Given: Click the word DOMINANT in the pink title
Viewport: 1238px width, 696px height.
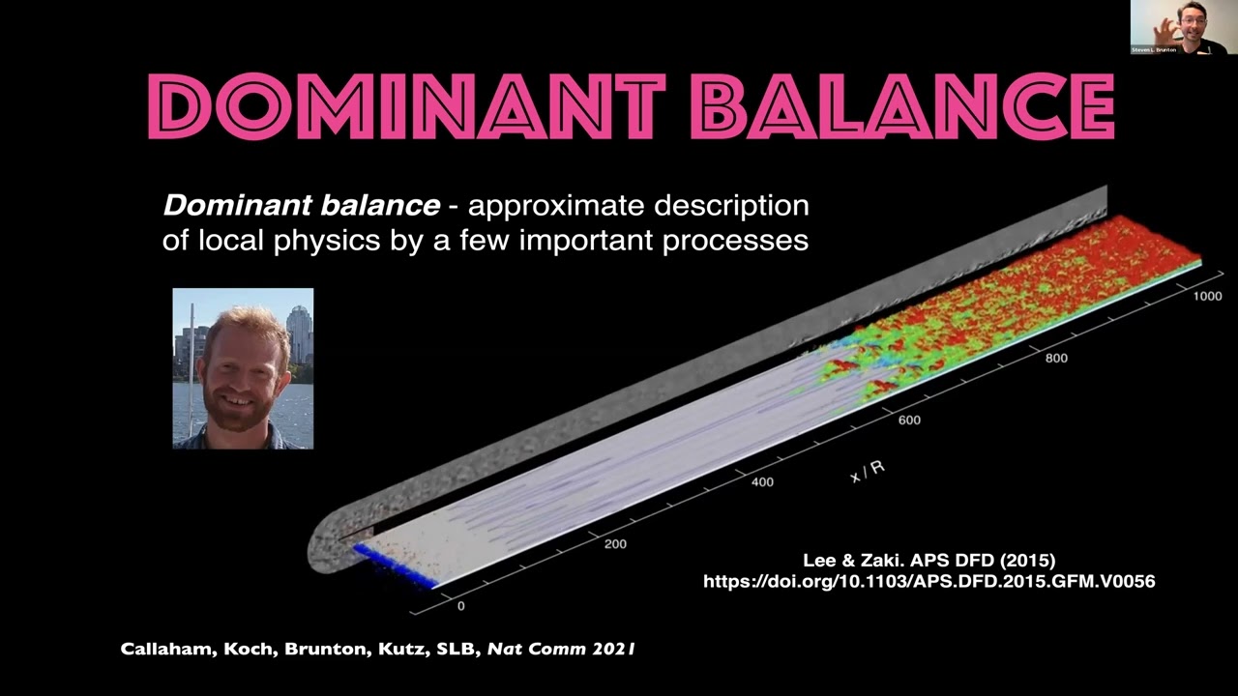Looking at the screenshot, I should (x=407, y=104).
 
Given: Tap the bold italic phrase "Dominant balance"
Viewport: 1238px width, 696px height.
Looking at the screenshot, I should (x=301, y=205).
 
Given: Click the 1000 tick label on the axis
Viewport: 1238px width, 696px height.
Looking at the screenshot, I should (x=1206, y=296).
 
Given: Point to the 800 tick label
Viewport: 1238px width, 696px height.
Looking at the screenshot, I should (x=1056, y=358).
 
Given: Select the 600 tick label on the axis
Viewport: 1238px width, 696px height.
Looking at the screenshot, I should (x=908, y=420).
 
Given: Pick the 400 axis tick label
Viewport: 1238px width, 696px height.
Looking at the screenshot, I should (x=761, y=481).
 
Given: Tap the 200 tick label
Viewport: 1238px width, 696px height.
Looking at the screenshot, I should (x=614, y=543).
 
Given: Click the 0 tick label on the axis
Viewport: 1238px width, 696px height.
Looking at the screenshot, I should (x=460, y=606).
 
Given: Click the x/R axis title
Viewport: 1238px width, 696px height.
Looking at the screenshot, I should (x=867, y=471).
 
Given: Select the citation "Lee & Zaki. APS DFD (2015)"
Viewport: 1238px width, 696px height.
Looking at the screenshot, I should (x=928, y=560).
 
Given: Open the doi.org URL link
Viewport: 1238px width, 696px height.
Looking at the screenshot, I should (x=928, y=581).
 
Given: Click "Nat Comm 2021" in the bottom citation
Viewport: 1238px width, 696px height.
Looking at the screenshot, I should (x=560, y=650).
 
